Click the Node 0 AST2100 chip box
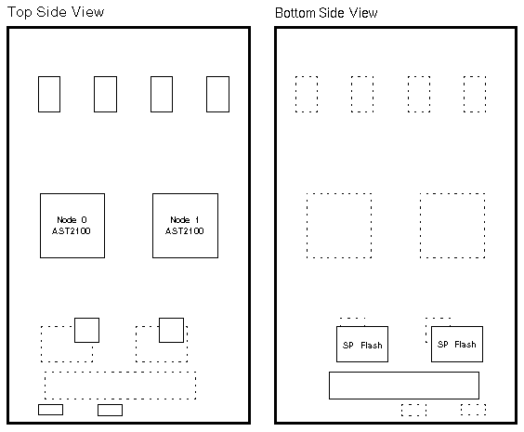pyautogui.click(x=72, y=226)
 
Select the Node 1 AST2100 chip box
pyautogui.click(x=185, y=226)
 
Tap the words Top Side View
pyautogui.click(x=56, y=12)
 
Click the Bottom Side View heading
pyautogui.click(x=326, y=13)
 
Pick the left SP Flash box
pyautogui.click(x=362, y=344)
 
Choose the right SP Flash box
pyautogui.click(x=457, y=344)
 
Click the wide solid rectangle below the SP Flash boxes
pyautogui.click(x=404, y=386)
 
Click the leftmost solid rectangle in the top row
pyautogui.click(x=49, y=94)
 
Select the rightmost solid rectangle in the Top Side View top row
pyautogui.click(x=218, y=94)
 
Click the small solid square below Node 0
pyautogui.click(x=87, y=330)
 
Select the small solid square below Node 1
pyautogui.click(x=172, y=330)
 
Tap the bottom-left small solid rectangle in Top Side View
pyautogui.click(x=50, y=410)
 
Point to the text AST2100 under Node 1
pyautogui.click(x=185, y=231)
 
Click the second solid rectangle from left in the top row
pyautogui.click(x=105, y=94)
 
